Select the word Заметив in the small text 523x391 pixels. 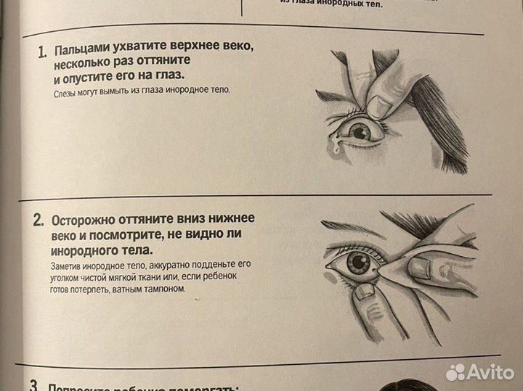[72, 266]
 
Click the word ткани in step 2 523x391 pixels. [157, 277]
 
